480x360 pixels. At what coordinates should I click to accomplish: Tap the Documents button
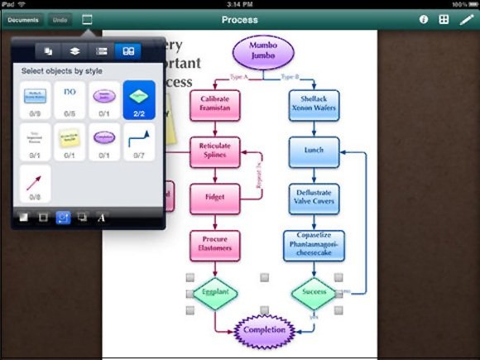[23, 19]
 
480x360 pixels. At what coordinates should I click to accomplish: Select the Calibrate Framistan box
[214, 106]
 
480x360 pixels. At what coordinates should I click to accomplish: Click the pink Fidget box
[214, 198]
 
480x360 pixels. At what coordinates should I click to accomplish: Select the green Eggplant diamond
[214, 292]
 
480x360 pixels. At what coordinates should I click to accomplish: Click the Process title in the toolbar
[239, 19]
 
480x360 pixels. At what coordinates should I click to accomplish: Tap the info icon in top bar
[424, 19]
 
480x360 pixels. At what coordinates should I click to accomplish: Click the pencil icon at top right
[466, 19]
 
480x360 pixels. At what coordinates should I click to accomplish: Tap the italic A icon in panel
[101, 218]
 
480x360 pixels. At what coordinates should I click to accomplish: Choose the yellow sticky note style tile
[68, 141]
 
